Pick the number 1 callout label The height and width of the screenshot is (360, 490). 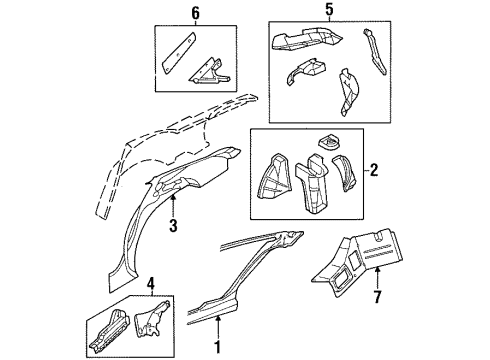pyautogui.click(x=219, y=349)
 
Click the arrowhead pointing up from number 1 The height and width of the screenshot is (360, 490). pyautogui.click(x=219, y=320)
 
